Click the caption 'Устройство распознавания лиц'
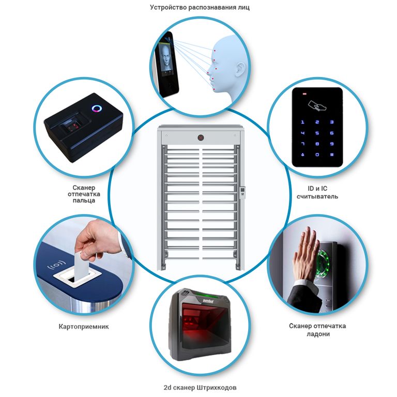point(200,7)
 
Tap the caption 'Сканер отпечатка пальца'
point(84,194)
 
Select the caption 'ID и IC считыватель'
point(317,192)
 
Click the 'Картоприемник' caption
point(84,326)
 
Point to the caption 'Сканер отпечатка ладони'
point(317,330)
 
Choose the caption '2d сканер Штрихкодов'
point(200,387)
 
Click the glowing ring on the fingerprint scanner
point(97,109)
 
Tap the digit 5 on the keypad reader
point(317,133)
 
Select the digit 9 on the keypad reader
point(332,144)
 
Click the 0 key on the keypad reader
point(317,155)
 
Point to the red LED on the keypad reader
point(304,94)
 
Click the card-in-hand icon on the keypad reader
point(317,106)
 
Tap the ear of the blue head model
point(240,69)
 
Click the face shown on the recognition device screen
point(165,57)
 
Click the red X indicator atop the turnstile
point(201,138)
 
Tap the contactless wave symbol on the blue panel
point(56,266)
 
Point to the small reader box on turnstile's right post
point(242,192)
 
